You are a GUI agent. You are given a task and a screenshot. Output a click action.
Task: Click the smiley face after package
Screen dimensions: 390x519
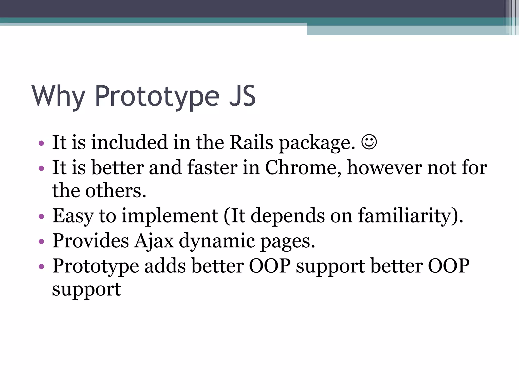click(369, 142)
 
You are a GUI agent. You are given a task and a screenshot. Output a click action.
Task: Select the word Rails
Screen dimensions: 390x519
click(251, 142)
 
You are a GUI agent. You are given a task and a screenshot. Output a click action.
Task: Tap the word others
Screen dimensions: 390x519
click(116, 191)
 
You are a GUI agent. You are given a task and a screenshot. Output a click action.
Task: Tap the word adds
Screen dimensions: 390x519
click(165, 266)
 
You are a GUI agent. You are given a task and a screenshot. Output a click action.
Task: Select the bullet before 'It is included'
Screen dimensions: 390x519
click(41, 143)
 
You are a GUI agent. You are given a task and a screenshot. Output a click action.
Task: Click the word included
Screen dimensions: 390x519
click(129, 142)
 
